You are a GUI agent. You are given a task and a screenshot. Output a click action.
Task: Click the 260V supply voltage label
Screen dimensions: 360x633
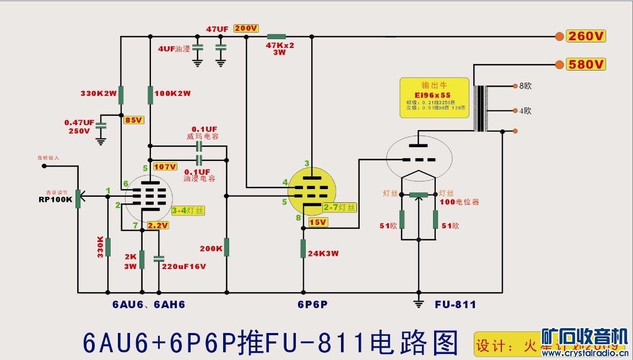coord(587,36)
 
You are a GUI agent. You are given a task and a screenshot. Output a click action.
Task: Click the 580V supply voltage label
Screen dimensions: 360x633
coord(587,65)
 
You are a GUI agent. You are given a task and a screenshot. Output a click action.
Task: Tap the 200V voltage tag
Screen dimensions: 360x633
coord(246,29)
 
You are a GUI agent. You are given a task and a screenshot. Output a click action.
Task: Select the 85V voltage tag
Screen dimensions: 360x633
coord(134,120)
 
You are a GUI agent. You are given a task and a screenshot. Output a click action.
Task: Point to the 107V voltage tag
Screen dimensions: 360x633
coord(165,166)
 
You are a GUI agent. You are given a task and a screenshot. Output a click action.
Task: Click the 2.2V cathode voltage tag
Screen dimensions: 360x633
coord(158,225)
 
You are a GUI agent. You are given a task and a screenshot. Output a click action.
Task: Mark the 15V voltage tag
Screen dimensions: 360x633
coord(318,222)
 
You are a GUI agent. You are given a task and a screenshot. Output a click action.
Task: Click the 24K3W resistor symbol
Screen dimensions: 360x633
coord(303,249)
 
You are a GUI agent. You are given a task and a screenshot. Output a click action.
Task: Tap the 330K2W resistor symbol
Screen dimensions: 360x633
coord(121,95)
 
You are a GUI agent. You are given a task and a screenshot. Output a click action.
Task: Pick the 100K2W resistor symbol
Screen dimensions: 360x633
coord(150,95)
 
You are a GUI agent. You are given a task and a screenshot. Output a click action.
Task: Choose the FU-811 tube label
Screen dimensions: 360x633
coord(455,304)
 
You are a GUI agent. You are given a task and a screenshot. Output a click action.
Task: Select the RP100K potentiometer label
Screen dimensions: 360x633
coord(55,199)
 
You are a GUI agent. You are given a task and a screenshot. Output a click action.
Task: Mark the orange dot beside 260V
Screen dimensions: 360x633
coord(560,36)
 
